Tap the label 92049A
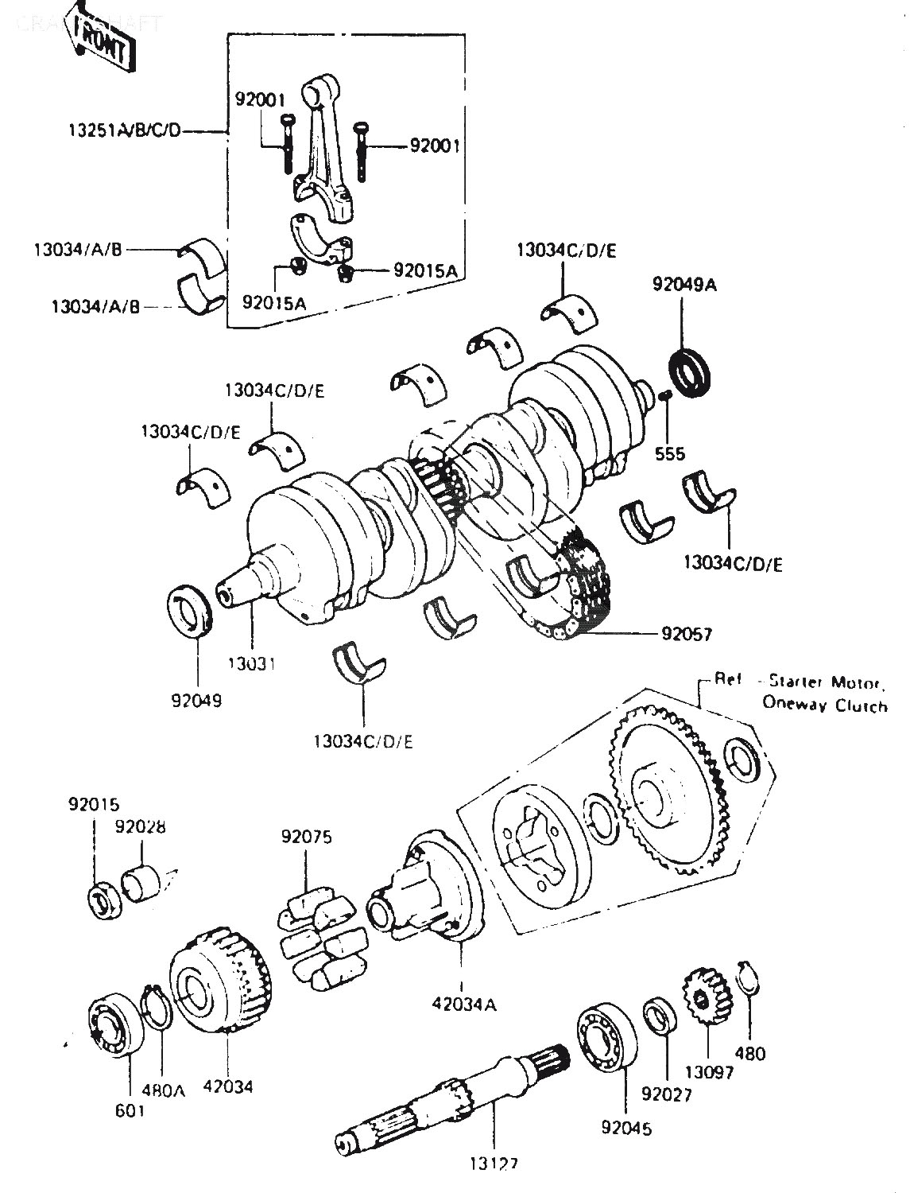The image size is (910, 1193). click(684, 285)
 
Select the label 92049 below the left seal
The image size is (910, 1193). click(196, 701)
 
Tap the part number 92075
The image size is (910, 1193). click(306, 836)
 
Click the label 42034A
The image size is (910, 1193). click(464, 1004)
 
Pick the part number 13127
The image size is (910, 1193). click(493, 1164)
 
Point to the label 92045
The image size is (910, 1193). click(626, 1127)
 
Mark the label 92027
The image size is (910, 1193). click(667, 1094)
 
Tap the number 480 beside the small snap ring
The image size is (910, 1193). click(750, 1053)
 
